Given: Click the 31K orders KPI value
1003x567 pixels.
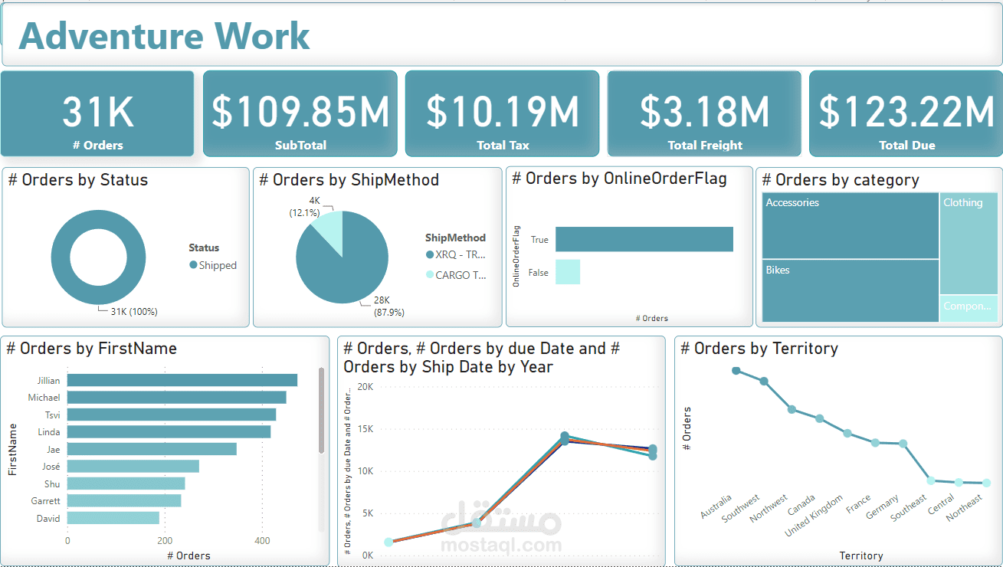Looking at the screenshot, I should point(97,112).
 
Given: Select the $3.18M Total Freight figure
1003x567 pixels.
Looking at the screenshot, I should point(704,112).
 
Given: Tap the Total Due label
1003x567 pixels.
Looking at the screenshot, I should point(906,146).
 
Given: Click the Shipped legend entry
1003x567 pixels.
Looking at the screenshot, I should point(217,266).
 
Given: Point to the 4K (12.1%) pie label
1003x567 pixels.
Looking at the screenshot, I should point(304,207).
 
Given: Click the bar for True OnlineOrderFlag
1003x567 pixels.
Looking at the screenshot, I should point(644,239).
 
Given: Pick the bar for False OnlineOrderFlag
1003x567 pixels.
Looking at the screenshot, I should point(568,272).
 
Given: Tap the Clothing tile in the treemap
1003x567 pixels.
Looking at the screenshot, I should point(969,242).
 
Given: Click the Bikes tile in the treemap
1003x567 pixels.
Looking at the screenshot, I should point(850,290).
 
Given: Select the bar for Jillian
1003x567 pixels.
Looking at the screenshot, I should point(182,380).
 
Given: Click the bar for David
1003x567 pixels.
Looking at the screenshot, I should point(113,518).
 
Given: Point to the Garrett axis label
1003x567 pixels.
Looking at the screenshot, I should point(46,501).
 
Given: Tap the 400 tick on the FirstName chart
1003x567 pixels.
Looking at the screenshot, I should point(262,541).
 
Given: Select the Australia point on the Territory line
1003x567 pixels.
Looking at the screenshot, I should point(736,371).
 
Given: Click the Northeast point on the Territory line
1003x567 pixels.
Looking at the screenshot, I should point(986,483).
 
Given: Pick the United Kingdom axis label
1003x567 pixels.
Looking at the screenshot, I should point(814,516).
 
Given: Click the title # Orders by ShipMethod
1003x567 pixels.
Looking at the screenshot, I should point(349,180).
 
